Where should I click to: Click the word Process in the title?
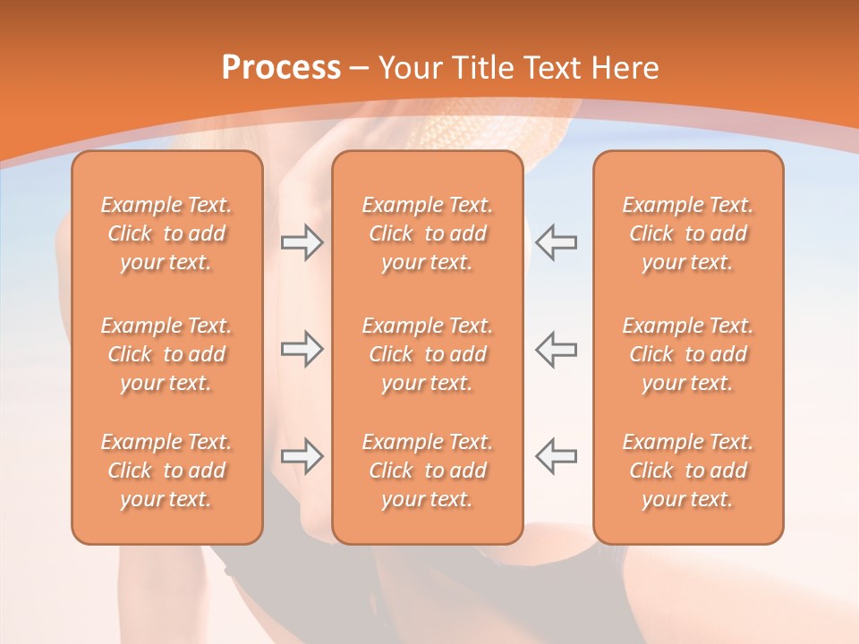(281, 68)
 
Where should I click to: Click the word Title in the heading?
(483, 68)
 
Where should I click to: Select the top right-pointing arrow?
(302, 242)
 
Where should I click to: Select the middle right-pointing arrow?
(302, 349)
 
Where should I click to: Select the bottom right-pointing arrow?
(302, 456)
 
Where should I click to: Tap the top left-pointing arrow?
(556, 242)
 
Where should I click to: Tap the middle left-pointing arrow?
(556, 349)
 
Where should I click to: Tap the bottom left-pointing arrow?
(556, 456)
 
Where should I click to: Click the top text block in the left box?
(166, 233)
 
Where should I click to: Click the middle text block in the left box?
(166, 354)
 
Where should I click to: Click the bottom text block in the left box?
(166, 470)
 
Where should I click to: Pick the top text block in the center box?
(427, 233)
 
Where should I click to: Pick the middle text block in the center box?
(427, 354)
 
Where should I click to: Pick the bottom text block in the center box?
(427, 470)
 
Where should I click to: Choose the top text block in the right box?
(687, 233)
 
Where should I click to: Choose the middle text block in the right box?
(687, 354)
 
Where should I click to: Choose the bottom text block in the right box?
(687, 470)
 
